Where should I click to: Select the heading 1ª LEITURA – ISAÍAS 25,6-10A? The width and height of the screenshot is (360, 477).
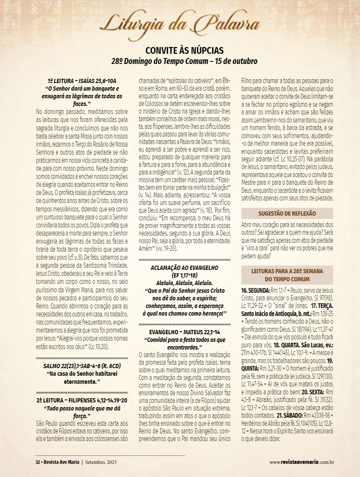pyautogui.click(x=82, y=81)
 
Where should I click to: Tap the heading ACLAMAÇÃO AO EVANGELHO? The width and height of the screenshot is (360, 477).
pyautogui.click(x=184, y=268)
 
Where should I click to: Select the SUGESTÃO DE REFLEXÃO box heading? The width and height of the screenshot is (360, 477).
pyautogui.click(x=287, y=214)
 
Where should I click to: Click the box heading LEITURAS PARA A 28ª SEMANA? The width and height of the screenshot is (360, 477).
pyautogui.click(x=287, y=271)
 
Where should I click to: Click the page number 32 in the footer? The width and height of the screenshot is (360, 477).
pyautogui.click(x=37, y=461)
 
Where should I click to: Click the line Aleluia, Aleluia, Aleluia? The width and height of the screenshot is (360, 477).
pyautogui.click(x=184, y=281)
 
